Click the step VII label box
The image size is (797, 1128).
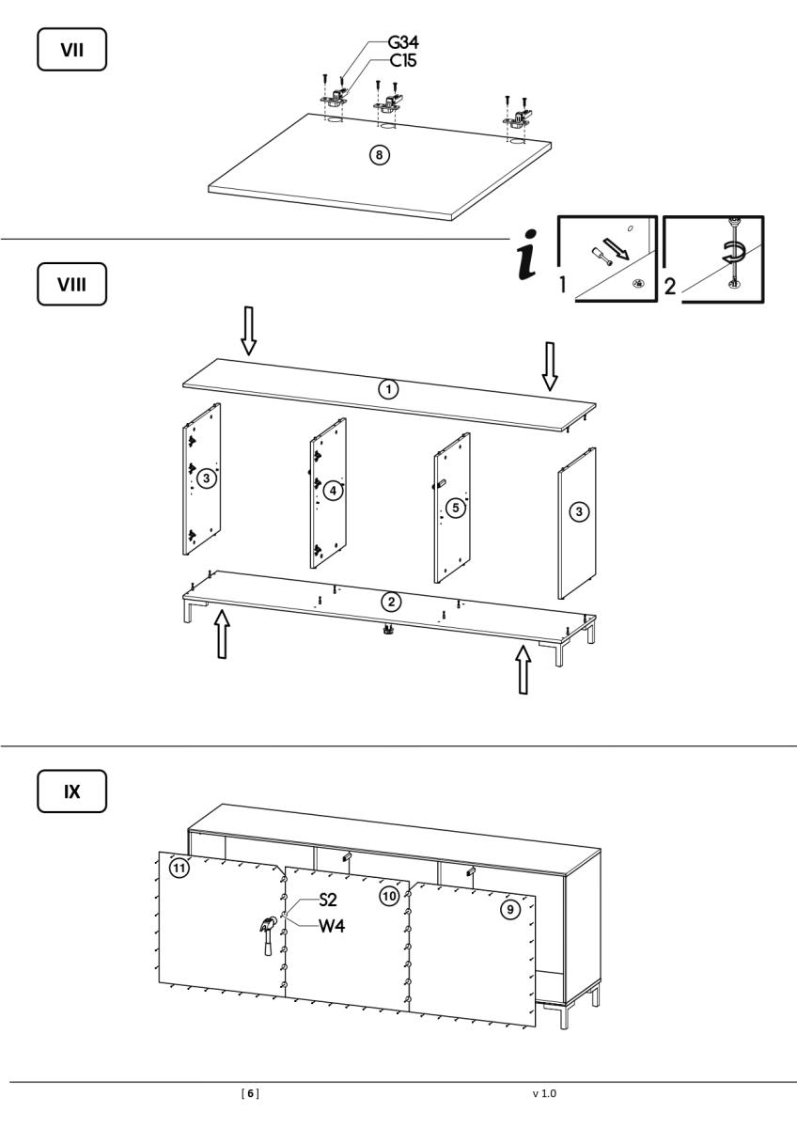coord(70,49)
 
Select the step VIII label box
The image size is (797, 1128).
coord(70,285)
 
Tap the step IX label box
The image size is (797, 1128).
coord(70,791)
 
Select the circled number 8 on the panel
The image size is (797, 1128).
coord(378,155)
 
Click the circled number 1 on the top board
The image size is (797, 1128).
coord(386,389)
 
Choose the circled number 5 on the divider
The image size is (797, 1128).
coord(455,508)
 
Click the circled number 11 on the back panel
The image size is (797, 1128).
coord(179,867)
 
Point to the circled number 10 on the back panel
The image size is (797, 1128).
coord(389,896)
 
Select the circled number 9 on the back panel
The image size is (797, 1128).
coord(510,910)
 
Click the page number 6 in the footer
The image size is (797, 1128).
coord(251,1094)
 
